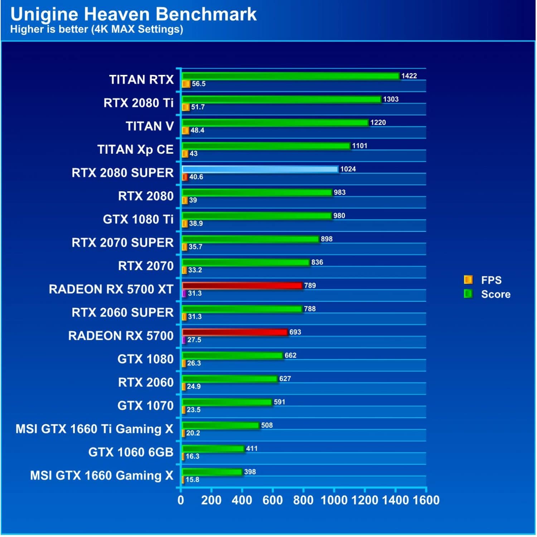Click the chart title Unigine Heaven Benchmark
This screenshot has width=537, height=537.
133,14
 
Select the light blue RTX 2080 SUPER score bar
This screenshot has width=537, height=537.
260,169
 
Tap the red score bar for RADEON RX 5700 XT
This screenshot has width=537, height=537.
242,286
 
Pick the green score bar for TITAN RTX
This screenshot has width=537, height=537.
290,76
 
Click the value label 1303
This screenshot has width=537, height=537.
391,99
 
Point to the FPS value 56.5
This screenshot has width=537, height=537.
198,84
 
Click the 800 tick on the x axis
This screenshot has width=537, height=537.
303,500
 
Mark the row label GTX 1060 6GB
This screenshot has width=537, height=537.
131,452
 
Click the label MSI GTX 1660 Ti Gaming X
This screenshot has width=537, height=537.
94,429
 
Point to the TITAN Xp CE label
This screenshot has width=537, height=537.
135,149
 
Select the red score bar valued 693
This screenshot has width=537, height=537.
235,332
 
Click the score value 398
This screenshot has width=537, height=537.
250,472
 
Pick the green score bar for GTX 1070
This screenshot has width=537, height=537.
227,402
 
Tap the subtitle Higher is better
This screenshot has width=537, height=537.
96,29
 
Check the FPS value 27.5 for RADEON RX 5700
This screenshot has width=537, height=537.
194,340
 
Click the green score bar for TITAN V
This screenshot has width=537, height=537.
275,123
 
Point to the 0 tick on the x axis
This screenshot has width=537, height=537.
181,500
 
